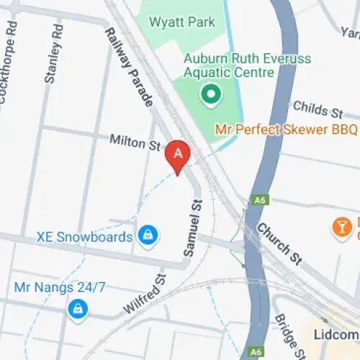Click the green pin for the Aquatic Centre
tap(210, 94)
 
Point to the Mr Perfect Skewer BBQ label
tap(286, 130)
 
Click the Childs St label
tap(318, 109)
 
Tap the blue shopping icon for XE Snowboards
tap(148, 235)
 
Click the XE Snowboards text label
tap(85, 237)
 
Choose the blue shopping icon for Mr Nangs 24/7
tap(76, 310)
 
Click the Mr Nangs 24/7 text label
tap(60, 288)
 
